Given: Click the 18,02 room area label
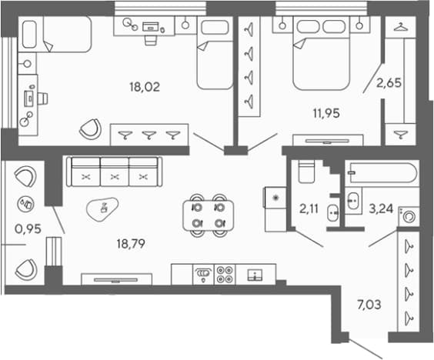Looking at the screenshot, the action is click(145, 87).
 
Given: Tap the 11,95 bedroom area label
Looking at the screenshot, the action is click(326, 113).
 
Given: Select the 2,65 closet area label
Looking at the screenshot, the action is click(389, 83).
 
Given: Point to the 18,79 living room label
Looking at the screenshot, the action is click(131, 244).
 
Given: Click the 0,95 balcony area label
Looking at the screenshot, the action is click(28, 229).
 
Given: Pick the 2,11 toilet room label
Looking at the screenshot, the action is click(309, 209).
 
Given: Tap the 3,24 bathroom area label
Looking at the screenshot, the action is click(381, 209).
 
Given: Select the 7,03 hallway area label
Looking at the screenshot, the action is click(369, 305).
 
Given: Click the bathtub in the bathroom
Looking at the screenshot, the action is click(383, 173).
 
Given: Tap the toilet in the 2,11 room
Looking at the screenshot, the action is click(306, 172).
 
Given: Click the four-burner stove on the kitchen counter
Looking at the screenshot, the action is click(225, 275).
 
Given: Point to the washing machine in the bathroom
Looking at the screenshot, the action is click(409, 216).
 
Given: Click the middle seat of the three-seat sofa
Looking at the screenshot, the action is click(115, 172).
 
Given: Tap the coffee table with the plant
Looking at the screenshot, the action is click(102, 209).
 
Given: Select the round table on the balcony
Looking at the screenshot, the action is click(25, 204).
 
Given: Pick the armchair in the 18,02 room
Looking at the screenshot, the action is click(91, 129).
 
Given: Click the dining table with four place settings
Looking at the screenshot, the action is click(208, 215).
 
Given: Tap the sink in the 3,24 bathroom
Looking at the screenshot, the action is click(353, 200).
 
